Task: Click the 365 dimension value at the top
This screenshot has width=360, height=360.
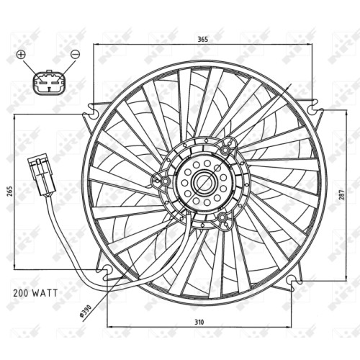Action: (x=202, y=39)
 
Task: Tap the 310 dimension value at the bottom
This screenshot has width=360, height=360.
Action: (x=199, y=322)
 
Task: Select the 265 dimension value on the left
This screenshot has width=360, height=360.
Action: (x=9, y=192)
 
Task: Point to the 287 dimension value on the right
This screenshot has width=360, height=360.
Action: (x=342, y=194)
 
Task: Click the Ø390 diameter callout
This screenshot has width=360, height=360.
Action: (x=86, y=311)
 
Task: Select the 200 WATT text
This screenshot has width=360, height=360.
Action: (x=35, y=293)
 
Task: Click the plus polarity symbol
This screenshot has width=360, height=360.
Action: (x=21, y=55)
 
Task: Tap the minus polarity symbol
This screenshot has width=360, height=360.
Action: (x=75, y=54)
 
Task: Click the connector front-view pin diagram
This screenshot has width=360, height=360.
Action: (x=49, y=82)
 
